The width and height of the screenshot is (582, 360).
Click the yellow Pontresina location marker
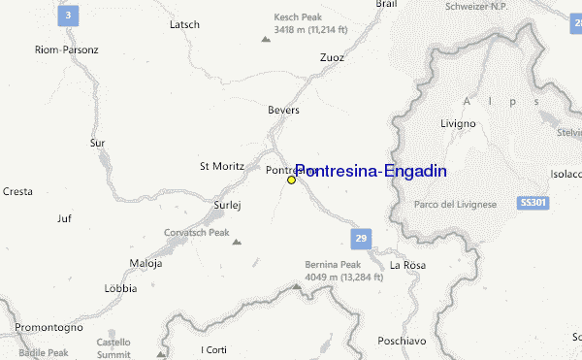(291, 180)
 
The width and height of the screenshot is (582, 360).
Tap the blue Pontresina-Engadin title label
(371, 171)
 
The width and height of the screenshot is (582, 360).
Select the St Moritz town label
(219, 166)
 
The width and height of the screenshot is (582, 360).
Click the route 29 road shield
(360, 238)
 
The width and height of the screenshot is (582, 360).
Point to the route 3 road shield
(68, 16)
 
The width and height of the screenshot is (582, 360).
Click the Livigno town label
(458, 124)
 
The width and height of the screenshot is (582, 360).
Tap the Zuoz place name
(332, 57)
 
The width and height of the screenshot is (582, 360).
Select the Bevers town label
(284, 111)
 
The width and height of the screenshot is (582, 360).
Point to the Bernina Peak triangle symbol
(298, 286)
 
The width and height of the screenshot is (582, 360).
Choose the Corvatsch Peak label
(197, 233)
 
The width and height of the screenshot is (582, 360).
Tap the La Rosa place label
(407, 265)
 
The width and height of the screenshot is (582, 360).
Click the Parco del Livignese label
(455, 204)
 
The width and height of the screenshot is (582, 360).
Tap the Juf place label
(65, 218)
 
